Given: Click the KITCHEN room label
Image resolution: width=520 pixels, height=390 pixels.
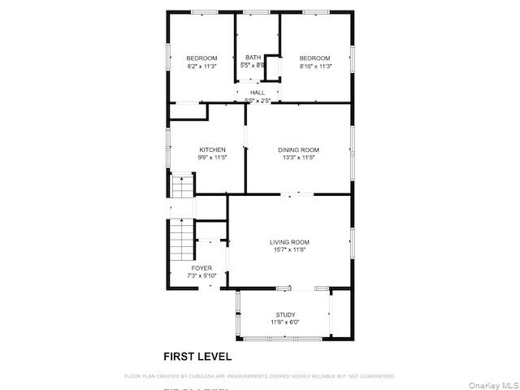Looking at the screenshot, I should coord(212,149).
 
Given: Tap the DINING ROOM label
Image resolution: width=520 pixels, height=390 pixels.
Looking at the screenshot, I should coord(298,149).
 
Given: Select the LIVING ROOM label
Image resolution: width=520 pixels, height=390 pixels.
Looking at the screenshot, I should coord(289,241).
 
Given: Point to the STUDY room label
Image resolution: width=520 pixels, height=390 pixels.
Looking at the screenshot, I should coord(285,314).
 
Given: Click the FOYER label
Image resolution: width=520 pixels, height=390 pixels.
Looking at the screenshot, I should coord(201,268).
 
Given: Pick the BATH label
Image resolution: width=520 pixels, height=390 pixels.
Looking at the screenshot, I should coord(253,58).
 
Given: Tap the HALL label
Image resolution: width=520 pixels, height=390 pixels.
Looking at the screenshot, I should coord(257,93).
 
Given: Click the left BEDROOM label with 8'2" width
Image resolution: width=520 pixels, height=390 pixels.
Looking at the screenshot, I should coord(201,58).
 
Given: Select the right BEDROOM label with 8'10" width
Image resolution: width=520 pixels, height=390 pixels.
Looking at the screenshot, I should coord(314,58).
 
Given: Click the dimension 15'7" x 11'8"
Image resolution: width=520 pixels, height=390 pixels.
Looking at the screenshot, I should coord(289,249).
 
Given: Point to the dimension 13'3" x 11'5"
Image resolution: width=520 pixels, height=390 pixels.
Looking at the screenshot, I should coord(298,158).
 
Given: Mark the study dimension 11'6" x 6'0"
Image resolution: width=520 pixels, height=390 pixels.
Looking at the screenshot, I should coord(285,323).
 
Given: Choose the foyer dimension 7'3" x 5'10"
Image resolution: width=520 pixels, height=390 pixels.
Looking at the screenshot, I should coord(201,276).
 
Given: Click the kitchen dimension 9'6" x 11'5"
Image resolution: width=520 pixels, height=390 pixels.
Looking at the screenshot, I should coord(212,158).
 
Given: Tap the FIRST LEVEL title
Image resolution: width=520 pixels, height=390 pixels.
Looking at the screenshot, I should coord(197,356).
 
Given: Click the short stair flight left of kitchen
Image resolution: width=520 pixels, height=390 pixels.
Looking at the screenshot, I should coord(183,188).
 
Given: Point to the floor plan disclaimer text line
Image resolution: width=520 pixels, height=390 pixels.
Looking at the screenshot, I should coord(259,376).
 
